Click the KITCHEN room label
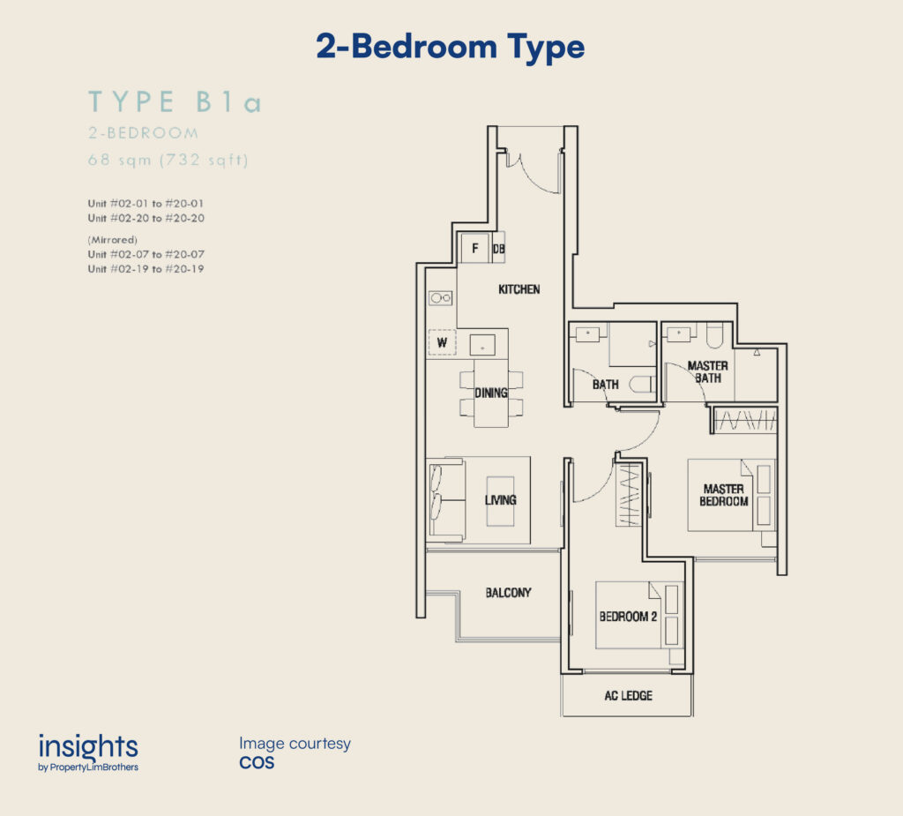click(519, 289)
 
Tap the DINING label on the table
click(490, 393)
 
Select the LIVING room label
click(500, 500)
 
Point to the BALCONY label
click(508, 593)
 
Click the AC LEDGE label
click(628, 695)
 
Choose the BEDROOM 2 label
click(628, 617)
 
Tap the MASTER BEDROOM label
click(723, 495)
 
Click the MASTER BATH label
click(708, 371)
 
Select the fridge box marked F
click(475, 248)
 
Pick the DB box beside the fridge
click(498, 248)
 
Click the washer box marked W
click(442, 342)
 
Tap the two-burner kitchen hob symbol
click(441, 298)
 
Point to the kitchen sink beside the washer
click(482, 346)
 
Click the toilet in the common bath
click(642, 384)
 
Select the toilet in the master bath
click(714, 335)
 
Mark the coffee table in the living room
click(501, 501)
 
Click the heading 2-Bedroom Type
click(451, 48)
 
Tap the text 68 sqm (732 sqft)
click(168, 160)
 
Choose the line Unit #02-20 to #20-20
click(146, 218)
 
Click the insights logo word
click(88, 747)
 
